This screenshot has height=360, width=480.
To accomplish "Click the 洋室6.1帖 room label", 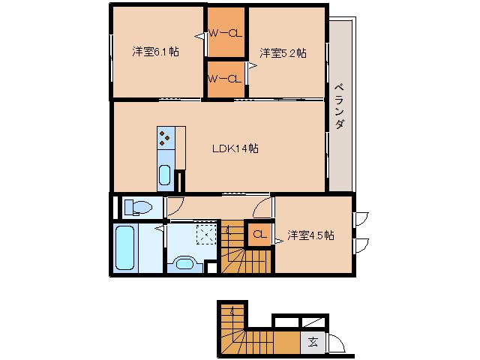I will pyautogui.click(x=156, y=52).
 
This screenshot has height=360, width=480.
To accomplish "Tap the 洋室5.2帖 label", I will pyautogui.click(x=283, y=52).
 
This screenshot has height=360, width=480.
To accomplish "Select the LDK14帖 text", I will pyautogui.click(x=235, y=148).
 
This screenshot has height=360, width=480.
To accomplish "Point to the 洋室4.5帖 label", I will pyautogui.click(x=310, y=235).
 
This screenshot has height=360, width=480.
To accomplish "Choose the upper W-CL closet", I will pyautogui.click(x=225, y=33).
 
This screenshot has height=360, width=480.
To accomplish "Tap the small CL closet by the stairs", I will pyautogui.click(x=259, y=235).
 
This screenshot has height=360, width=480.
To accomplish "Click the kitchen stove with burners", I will pyautogui.click(x=166, y=139).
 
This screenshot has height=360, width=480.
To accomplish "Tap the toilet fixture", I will pyautogui.click(x=138, y=206).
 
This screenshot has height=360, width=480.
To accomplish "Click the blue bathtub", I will pyautogui.click(x=124, y=248).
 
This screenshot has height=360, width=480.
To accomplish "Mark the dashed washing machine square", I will pyautogui.click(x=205, y=233).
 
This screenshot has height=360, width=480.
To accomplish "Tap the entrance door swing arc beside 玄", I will pyautogui.click(x=334, y=342).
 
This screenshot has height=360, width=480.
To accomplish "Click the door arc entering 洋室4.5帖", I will pyautogui.click(x=262, y=206).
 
